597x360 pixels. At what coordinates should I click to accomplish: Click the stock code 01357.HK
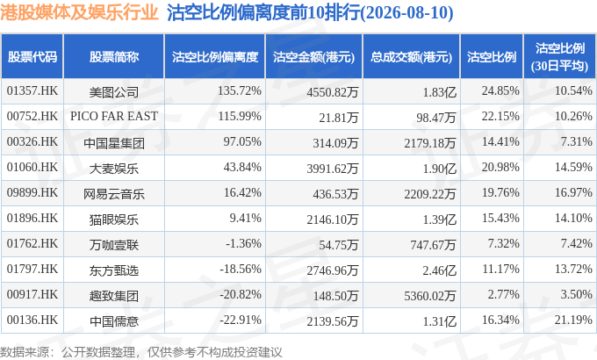click(x=32, y=91)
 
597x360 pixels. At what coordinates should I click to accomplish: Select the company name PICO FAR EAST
click(x=114, y=116)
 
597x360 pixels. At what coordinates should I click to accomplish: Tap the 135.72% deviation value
click(x=240, y=91)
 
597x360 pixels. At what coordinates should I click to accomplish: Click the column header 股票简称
click(x=114, y=57)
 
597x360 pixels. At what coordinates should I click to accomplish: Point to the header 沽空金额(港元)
click(x=313, y=57)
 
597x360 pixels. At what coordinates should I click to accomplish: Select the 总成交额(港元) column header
click(x=411, y=57)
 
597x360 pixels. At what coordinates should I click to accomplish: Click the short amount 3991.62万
click(x=333, y=168)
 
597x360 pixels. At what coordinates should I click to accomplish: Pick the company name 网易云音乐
click(x=114, y=194)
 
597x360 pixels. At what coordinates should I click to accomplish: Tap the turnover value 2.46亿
click(x=439, y=270)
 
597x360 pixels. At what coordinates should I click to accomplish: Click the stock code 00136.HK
click(x=32, y=320)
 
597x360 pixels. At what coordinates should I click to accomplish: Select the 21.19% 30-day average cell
click(x=573, y=320)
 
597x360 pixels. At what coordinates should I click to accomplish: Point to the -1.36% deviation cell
click(x=243, y=243)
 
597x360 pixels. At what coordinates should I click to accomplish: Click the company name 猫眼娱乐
click(x=114, y=220)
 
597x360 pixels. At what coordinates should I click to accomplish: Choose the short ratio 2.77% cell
click(x=503, y=294)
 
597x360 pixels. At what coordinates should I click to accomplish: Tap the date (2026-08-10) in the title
click(x=406, y=13)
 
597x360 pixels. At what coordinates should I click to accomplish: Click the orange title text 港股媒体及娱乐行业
click(x=79, y=12)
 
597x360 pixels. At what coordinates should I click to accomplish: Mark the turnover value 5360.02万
click(x=430, y=296)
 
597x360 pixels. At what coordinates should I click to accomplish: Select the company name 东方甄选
click(x=114, y=270)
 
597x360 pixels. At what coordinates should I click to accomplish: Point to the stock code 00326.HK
click(x=32, y=141)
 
